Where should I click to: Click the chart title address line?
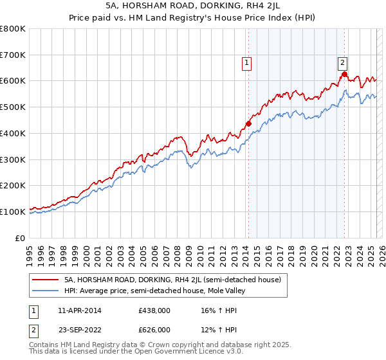[x=192, y=6]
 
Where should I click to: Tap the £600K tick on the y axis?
[x=13, y=81]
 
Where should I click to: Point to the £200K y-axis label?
[x=13, y=185]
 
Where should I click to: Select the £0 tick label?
[x=20, y=238]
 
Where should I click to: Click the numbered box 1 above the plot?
[x=247, y=62]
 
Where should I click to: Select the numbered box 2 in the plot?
[x=342, y=62]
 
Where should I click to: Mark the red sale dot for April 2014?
[x=248, y=123]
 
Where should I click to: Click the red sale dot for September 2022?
[x=345, y=75]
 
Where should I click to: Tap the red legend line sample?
[x=45, y=280]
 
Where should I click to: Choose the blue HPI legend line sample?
[x=45, y=291]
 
